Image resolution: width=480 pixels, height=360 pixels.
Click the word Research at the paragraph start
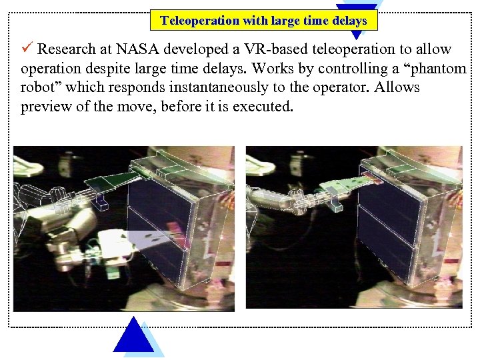(x=65, y=49)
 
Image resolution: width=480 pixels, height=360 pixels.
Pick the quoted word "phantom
(x=435, y=69)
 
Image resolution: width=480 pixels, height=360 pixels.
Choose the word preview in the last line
(x=44, y=107)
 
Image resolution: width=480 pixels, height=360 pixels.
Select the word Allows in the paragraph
(x=397, y=88)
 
